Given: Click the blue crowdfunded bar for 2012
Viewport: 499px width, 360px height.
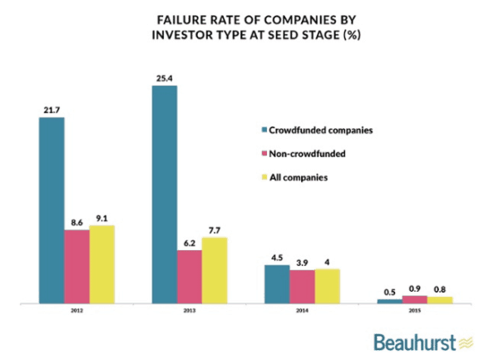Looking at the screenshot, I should point(51,210).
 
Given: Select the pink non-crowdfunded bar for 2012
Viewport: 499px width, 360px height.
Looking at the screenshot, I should point(77,266).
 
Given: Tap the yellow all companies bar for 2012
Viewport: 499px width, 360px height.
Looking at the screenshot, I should point(101,264).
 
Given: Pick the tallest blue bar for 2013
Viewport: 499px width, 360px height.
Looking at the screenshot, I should point(165,194).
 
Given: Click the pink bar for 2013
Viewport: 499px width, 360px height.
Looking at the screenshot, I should point(190,276).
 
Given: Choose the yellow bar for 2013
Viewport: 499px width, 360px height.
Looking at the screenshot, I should point(215,269).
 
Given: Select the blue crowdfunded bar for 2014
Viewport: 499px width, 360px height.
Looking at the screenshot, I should point(278,284).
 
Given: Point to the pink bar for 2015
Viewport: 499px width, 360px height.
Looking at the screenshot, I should point(414,298).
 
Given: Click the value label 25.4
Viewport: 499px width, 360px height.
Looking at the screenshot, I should point(164,79).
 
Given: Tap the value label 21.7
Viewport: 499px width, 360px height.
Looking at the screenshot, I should point(51,111).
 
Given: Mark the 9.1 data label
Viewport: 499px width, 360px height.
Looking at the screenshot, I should point(101,219).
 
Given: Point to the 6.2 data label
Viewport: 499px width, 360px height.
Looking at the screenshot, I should point(190,243).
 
